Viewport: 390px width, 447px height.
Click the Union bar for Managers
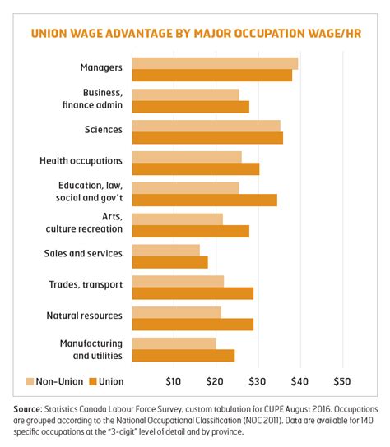coord(211,76)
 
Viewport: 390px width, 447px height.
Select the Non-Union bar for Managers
coord(215,63)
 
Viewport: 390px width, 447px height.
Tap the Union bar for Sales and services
coord(169,262)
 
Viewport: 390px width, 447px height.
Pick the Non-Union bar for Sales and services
coord(165,250)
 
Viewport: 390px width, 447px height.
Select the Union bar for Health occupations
coord(195,168)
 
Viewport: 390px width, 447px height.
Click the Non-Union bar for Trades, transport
coord(178,281)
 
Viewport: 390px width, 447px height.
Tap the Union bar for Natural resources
coord(193,325)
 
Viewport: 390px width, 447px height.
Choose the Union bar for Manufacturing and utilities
coord(183,356)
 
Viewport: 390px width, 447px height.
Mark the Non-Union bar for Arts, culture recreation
coord(177,219)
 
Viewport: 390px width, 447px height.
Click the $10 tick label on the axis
coord(174,381)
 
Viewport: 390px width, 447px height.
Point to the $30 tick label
coord(258,381)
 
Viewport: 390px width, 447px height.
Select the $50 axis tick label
coord(342,381)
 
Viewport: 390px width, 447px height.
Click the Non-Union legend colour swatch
coord(31,381)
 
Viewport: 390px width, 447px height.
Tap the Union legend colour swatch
coord(93,381)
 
